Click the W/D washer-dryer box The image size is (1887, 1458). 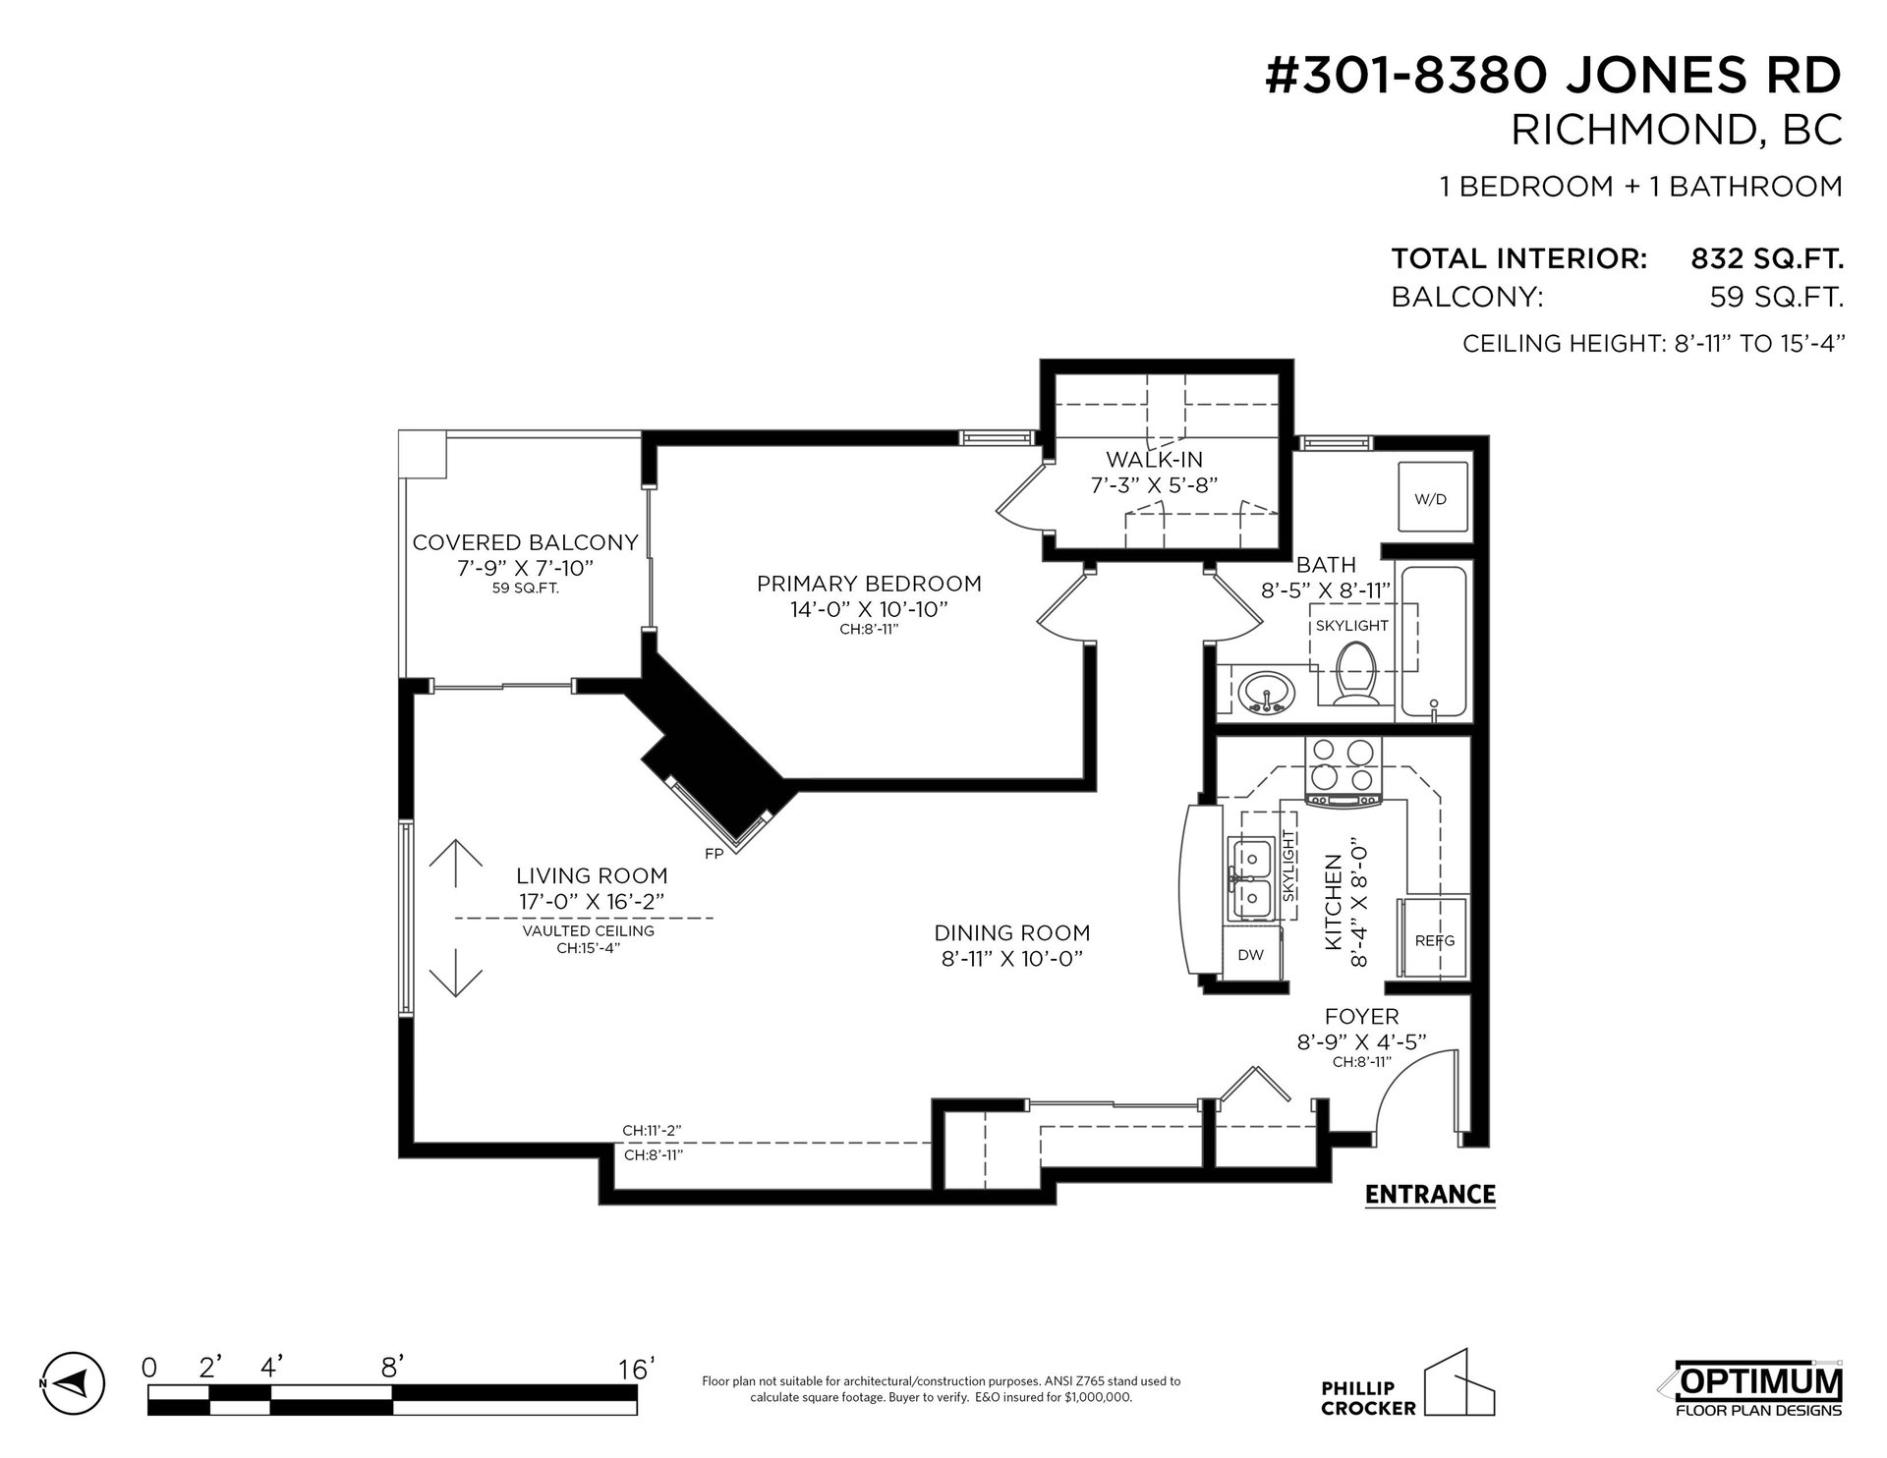click(x=1430, y=498)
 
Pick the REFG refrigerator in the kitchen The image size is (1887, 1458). click(x=1435, y=939)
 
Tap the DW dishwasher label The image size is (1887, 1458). click(x=1250, y=954)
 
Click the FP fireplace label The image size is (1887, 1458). click(x=715, y=854)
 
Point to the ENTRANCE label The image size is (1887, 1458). click(x=1430, y=1195)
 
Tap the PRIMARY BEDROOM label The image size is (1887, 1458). click(x=869, y=584)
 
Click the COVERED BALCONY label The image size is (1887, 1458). click(x=525, y=542)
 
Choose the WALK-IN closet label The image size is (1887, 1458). click(x=1154, y=459)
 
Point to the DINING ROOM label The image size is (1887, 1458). click(x=1012, y=932)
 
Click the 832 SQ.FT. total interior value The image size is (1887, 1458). click(x=1766, y=258)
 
